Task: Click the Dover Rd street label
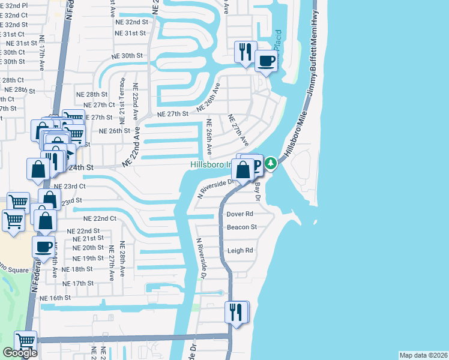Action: tap(240, 214)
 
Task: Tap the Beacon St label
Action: tap(241, 227)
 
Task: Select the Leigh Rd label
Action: tap(240, 251)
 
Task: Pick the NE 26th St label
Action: tap(114, 131)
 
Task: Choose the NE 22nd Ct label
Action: tap(100, 218)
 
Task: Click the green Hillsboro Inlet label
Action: tap(211, 164)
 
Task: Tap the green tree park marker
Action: tap(271, 163)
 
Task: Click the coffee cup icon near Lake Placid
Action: tap(266, 60)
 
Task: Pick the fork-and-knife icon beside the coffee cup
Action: tap(245, 52)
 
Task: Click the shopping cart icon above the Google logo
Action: tap(25, 341)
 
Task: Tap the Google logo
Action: tap(20, 353)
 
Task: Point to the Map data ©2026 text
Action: tap(423, 355)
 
